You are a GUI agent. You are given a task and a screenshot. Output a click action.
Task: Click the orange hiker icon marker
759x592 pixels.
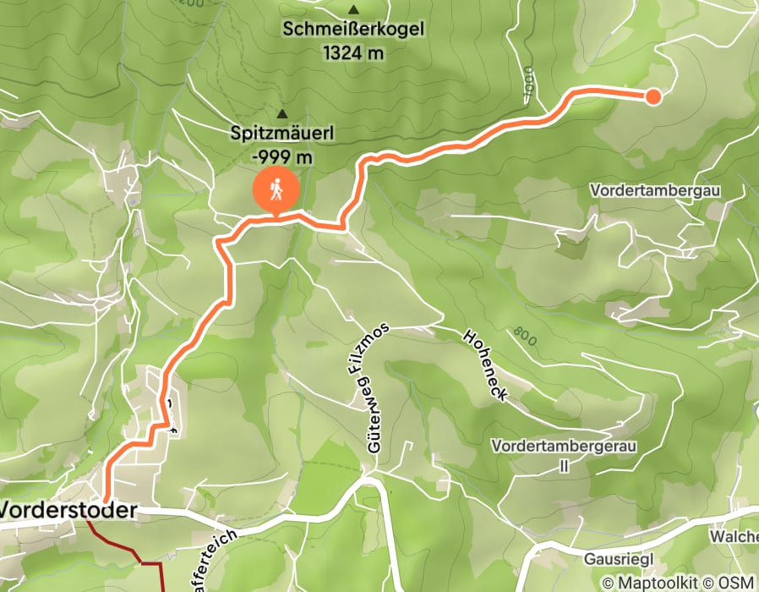point(276,189)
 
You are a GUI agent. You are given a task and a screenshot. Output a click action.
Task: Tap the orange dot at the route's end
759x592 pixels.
point(653,97)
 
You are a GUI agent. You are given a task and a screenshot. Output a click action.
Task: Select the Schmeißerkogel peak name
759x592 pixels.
point(353,30)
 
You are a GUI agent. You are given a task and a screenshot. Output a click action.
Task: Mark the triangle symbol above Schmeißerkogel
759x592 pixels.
point(353,9)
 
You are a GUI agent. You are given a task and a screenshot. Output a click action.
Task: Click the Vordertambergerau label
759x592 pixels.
point(565,446)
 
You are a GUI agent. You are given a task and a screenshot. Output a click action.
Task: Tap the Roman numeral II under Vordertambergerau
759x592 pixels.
point(565,466)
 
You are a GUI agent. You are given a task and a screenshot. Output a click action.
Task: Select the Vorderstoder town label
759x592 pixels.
point(68,511)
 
